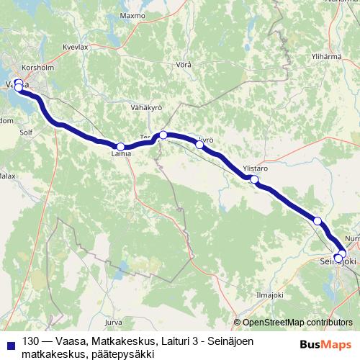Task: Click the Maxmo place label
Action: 133,35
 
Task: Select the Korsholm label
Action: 35,67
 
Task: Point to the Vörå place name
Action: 184,65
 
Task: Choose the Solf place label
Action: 27,132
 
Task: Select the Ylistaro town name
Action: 256,168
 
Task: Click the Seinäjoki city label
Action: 338,264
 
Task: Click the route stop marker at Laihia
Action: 121,146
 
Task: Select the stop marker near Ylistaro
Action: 253,179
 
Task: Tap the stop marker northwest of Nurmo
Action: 317,220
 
